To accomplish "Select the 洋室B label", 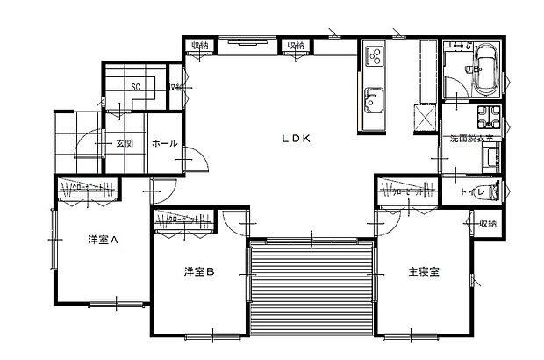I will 199,271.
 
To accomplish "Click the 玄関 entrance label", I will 124,144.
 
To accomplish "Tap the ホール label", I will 164,143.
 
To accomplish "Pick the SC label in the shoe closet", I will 136,87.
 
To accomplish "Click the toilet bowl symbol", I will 492,191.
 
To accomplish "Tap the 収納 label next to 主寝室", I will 488,224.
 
